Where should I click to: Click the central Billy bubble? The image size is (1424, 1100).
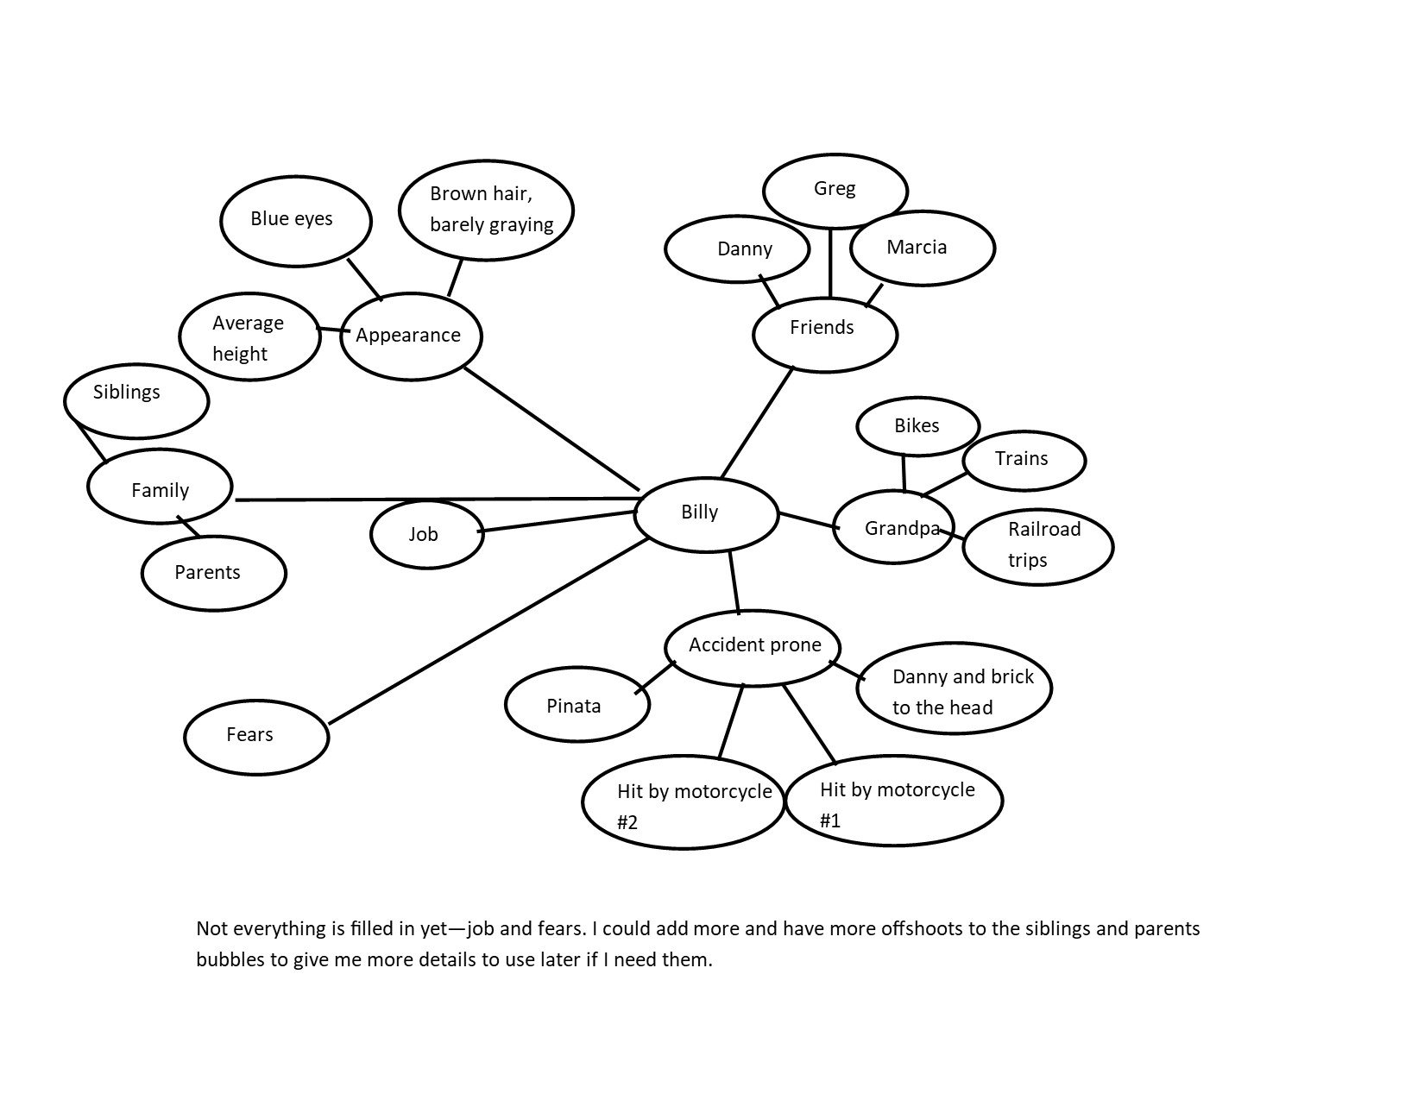(x=706, y=513)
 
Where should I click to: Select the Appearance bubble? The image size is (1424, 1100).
(x=411, y=336)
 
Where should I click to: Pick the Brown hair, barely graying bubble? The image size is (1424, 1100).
(x=487, y=210)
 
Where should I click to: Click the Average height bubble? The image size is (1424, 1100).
(x=249, y=338)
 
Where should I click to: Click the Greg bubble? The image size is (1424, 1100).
(x=835, y=191)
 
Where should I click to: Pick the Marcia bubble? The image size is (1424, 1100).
(x=922, y=248)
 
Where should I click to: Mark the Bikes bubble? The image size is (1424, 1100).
(x=917, y=426)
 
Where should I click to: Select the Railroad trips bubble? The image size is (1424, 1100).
(x=1037, y=546)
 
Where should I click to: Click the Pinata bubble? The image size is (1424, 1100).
(x=577, y=706)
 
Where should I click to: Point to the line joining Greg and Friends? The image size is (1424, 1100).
(x=830, y=263)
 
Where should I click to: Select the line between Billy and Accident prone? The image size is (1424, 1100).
(x=735, y=581)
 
